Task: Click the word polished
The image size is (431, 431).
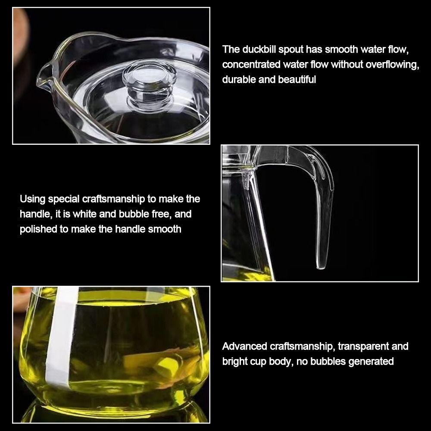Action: [38, 229]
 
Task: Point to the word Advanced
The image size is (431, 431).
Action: [244, 347]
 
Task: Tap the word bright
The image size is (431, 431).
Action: [235, 362]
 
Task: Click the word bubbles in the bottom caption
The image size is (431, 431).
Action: [328, 362]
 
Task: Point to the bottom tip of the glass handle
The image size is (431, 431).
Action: [321, 267]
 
